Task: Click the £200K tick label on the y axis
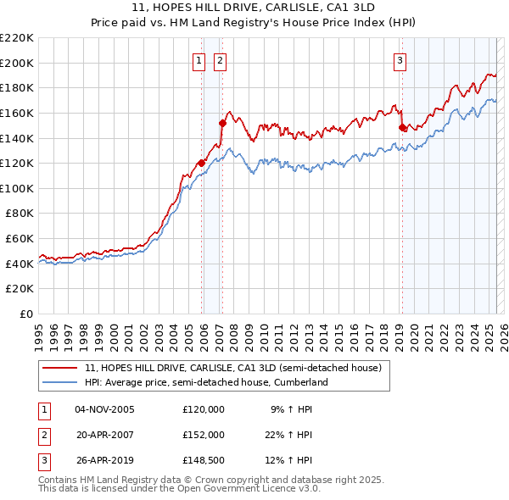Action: (17, 63)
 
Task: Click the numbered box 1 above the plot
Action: (199, 60)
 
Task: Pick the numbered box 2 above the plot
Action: (220, 60)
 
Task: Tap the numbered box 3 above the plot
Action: (399, 60)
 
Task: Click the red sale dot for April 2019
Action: (402, 128)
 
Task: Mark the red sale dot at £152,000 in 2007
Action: (222, 123)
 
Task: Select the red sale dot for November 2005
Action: (201, 163)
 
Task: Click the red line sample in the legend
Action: (59, 369)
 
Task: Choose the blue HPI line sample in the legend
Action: (59, 383)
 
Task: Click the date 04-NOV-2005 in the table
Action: (104, 409)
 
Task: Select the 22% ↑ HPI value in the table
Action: (288, 435)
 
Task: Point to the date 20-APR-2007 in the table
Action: (104, 435)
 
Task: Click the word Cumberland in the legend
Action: (300, 383)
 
